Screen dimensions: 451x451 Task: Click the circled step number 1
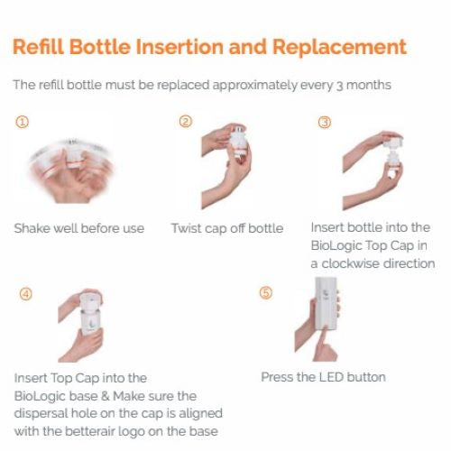20,122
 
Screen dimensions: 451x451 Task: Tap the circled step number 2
185,122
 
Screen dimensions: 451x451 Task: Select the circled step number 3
325,122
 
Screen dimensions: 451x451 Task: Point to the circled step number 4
25,294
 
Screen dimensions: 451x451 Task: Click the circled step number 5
265,294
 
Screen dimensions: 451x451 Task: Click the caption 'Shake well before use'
78,228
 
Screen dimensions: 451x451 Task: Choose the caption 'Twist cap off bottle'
227,228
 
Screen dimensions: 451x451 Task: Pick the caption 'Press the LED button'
323,376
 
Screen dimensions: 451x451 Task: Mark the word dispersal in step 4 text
41,413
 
